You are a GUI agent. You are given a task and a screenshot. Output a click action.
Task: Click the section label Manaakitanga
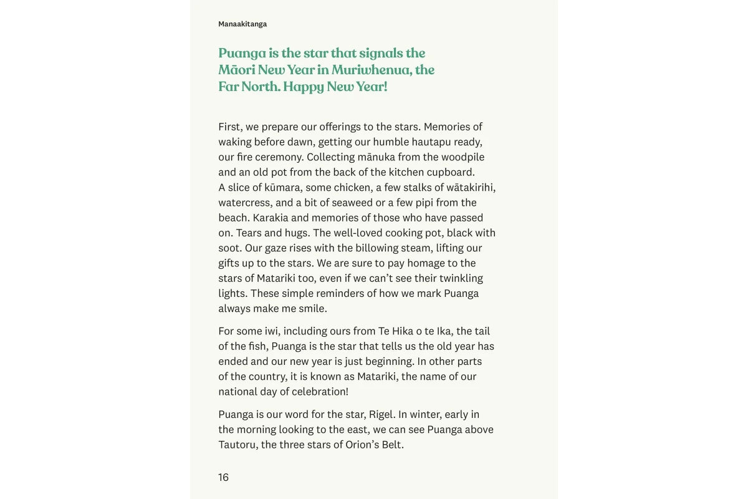click(242, 24)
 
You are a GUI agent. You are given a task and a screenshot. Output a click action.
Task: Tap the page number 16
click(223, 477)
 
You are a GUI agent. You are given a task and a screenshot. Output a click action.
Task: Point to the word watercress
click(244, 203)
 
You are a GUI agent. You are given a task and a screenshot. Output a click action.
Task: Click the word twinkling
click(461, 278)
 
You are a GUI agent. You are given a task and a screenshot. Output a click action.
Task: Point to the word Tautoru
click(237, 445)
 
